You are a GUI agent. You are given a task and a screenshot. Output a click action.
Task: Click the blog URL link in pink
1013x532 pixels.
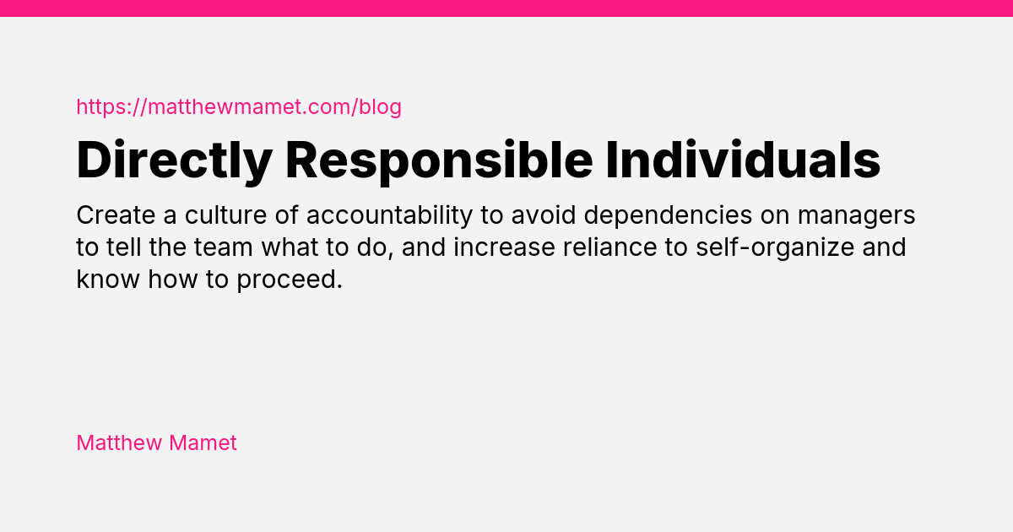click(x=239, y=107)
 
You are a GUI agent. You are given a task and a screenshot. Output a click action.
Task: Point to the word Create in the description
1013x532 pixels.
click(x=115, y=216)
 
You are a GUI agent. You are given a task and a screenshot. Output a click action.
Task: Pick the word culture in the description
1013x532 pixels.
click(x=223, y=216)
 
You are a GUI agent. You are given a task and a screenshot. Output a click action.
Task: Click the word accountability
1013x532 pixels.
click(x=388, y=216)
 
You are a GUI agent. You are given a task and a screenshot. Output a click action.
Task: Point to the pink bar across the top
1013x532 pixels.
click(x=506, y=8)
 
